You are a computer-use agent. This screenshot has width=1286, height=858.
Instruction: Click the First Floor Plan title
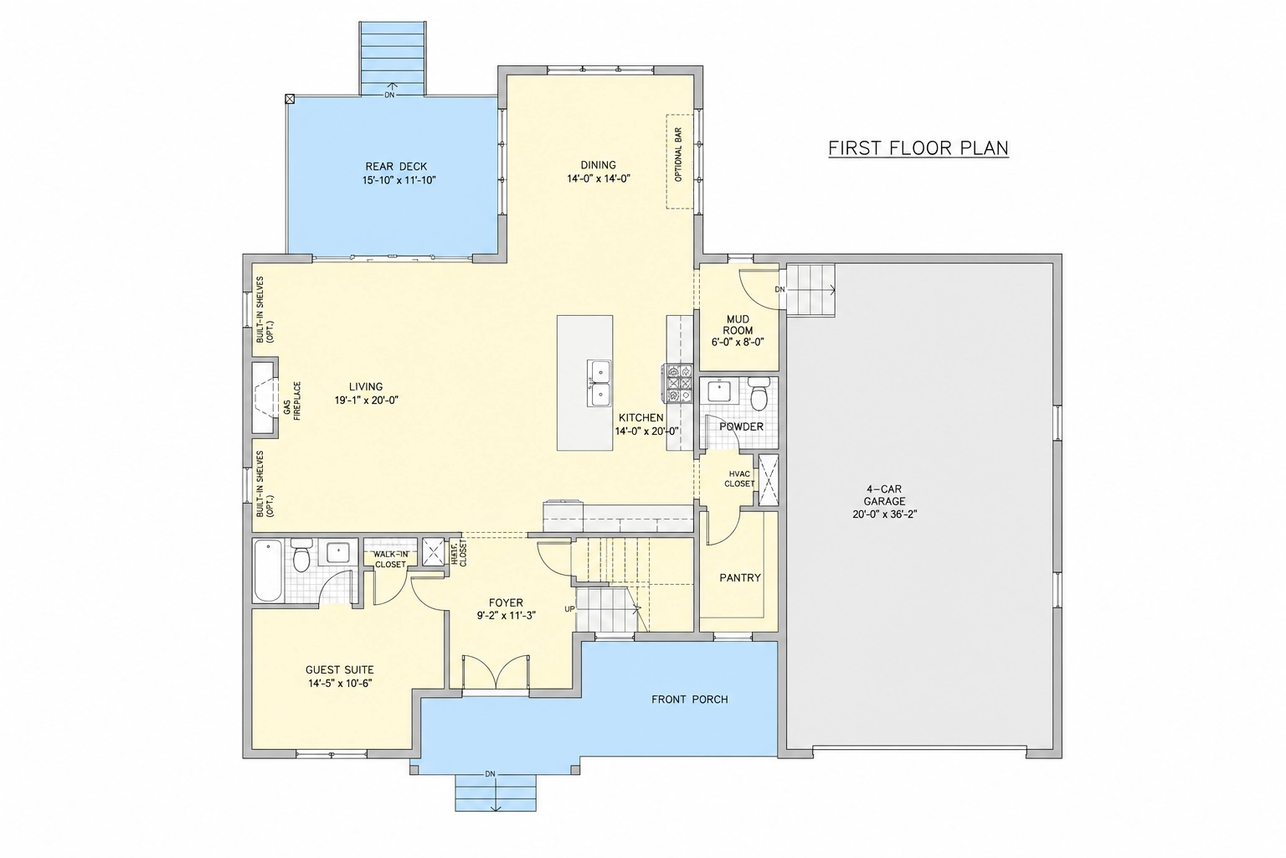(x=918, y=148)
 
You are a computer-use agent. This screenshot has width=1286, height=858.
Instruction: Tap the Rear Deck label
(x=396, y=167)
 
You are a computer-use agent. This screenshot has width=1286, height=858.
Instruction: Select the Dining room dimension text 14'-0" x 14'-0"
(x=599, y=178)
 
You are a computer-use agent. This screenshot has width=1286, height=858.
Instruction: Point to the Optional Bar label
(x=679, y=154)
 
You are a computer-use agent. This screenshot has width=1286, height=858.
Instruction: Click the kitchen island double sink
(x=599, y=383)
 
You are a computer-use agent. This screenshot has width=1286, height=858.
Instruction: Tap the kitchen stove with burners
(x=679, y=383)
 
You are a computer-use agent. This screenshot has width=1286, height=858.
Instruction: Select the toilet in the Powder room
(x=759, y=392)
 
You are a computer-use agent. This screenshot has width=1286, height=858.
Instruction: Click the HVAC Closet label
(x=739, y=478)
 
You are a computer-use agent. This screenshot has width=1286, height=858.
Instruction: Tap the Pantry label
(x=740, y=577)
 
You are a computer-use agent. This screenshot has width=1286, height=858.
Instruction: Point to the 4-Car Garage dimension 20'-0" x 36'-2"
(x=885, y=514)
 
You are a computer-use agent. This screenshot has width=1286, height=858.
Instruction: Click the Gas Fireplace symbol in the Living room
(x=265, y=397)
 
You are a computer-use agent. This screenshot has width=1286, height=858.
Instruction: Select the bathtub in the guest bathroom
(x=268, y=571)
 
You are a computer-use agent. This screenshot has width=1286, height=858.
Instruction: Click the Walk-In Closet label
(x=391, y=559)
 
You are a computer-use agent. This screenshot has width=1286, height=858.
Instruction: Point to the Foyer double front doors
(x=496, y=670)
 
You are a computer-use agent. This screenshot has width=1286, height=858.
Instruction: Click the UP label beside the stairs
(x=569, y=609)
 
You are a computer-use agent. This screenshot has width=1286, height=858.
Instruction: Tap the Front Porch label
(x=690, y=700)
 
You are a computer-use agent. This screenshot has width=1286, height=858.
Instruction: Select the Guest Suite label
(x=339, y=669)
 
